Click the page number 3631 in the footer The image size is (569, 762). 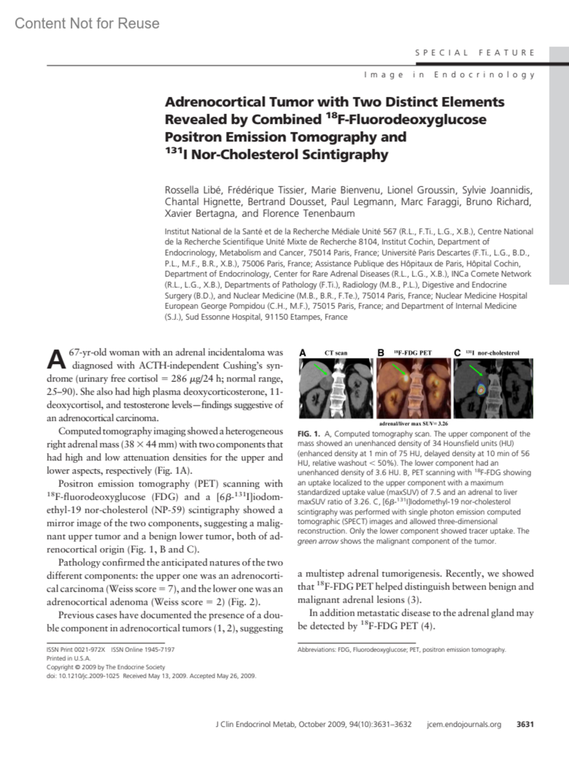click(x=525, y=724)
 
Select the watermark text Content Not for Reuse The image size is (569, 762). click(x=87, y=23)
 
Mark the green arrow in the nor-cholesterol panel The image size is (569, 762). click(x=476, y=371)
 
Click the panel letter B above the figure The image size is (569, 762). click(x=380, y=353)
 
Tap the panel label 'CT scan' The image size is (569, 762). click(x=336, y=353)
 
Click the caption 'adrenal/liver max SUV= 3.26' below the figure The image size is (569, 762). click(x=413, y=423)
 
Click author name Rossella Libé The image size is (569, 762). click(x=193, y=190)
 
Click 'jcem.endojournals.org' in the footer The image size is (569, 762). click(x=464, y=724)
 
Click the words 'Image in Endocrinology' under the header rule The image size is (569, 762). click(x=449, y=74)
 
